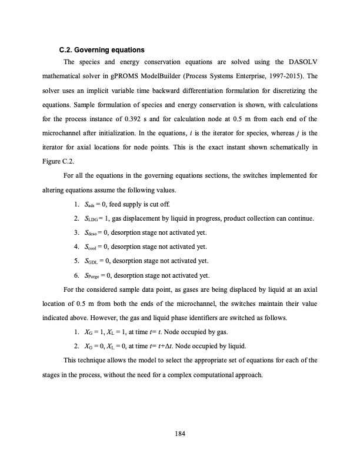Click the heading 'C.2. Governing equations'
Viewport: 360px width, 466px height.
point(102,49)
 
